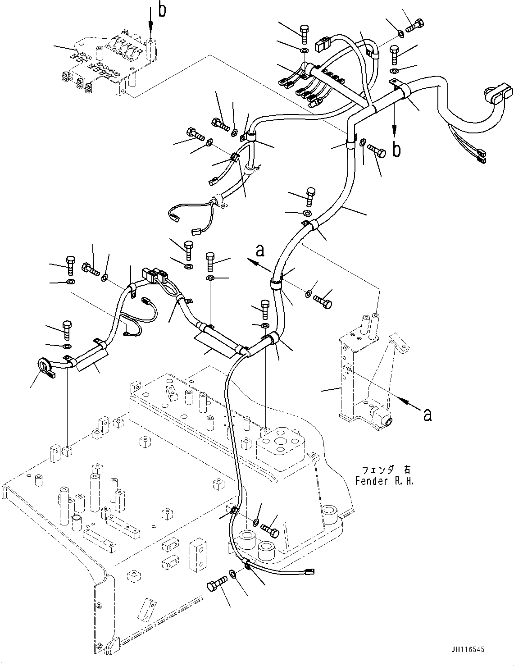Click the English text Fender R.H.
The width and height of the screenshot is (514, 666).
(x=384, y=480)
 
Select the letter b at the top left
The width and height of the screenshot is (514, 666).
(x=162, y=10)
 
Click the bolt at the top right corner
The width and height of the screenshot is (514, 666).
(x=416, y=25)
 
